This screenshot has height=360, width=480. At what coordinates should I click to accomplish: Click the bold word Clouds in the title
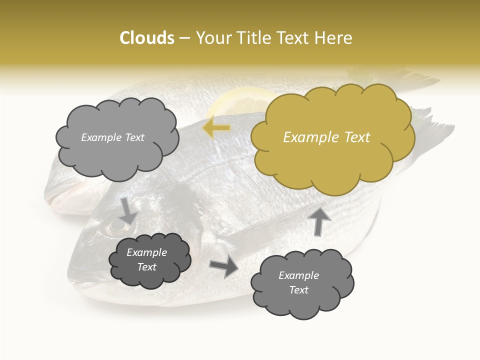coord(147,38)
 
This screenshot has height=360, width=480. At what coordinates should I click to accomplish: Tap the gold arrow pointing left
coord(216,128)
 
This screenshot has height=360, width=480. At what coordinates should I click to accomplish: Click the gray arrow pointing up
coord(319,220)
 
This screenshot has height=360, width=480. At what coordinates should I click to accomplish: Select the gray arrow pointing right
coord(224,266)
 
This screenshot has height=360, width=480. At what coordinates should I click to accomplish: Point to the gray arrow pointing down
coord(128,210)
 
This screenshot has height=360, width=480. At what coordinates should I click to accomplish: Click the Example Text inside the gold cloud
coord(326,137)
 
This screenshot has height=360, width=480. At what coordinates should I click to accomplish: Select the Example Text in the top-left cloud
coord(112,137)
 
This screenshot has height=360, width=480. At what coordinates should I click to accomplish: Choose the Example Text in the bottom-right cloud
coord(298,282)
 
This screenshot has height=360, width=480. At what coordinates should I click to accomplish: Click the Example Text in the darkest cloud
coord(147,259)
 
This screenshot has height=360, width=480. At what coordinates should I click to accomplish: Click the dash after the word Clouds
coord(184,38)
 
